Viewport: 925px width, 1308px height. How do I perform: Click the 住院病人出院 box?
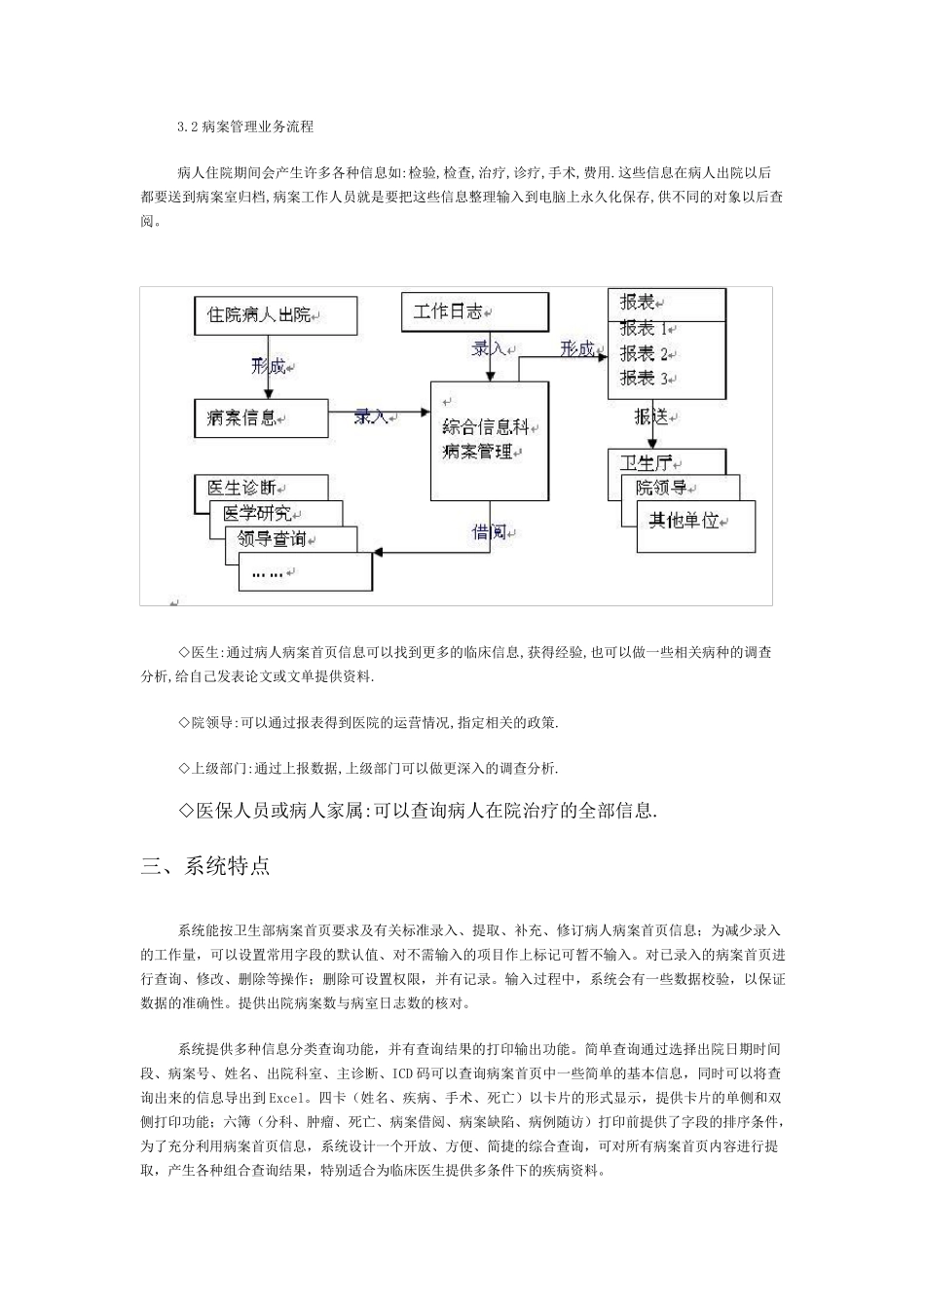275,315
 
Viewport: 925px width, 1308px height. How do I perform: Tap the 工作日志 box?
474,311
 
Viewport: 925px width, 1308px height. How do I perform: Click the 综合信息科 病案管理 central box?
490,440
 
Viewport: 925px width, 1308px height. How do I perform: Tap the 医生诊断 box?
247,487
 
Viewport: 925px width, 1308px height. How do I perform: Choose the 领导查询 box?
277,538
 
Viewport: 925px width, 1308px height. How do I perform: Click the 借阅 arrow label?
490,532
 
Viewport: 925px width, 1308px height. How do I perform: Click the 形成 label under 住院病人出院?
269,367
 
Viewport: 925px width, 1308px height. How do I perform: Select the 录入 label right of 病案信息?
372,416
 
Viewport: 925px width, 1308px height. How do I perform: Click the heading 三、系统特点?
205,866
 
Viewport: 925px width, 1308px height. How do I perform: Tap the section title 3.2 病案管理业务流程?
245,127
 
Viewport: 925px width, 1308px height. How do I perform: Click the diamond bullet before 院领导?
184,722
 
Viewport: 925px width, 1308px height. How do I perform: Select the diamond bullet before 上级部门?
184,768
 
